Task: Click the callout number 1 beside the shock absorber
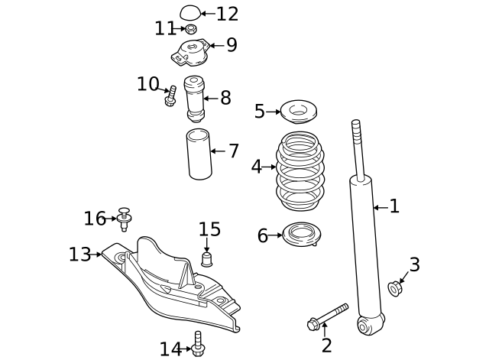click(394, 206)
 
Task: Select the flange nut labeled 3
click(396, 289)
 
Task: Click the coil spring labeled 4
click(300, 172)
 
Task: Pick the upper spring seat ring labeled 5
click(300, 112)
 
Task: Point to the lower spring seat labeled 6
click(301, 235)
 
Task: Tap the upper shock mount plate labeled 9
click(189, 54)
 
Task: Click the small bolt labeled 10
click(170, 98)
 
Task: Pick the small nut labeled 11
click(190, 30)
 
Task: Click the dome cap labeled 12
click(189, 12)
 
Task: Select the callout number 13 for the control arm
click(79, 255)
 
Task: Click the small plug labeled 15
click(206, 258)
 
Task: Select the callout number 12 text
click(227, 14)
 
